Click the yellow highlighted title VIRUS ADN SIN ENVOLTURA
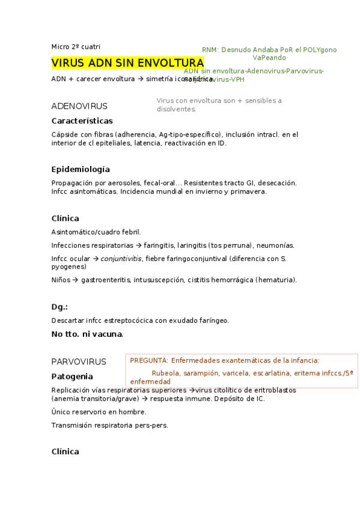[127, 63]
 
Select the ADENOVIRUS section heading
[79, 106]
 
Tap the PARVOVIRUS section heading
[79, 361]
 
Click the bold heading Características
[82, 121]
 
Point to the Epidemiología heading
[81, 169]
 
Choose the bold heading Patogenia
[72, 376]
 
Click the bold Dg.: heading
[59, 307]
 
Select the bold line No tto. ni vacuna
[87, 334]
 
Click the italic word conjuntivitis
[121, 259]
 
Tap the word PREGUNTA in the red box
[148, 361]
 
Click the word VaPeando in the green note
[269, 58]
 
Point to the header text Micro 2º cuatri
[76, 46]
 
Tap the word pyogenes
[69, 266]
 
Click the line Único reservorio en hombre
[99, 412]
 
